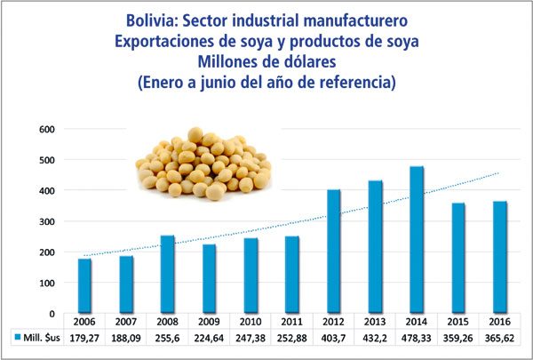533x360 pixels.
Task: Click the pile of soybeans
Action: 203,164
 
